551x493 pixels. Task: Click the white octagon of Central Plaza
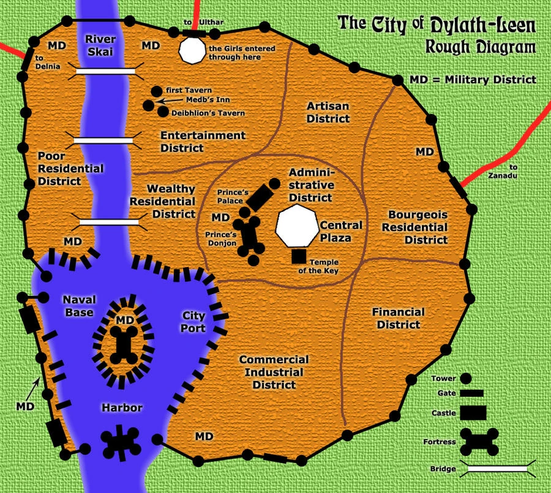coord(296,227)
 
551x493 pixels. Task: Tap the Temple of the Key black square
coord(299,256)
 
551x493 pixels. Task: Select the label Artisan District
coord(328,112)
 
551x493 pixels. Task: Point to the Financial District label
coord(398,318)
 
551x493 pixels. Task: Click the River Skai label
coord(100,46)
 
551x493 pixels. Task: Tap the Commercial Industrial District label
coord(274,372)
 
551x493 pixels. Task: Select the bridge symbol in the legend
coord(498,469)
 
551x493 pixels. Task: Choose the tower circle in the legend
coord(466,379)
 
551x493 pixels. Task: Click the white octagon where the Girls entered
coord(192,51)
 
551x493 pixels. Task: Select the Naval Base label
coord(78,305)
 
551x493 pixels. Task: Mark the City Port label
coord(193,321)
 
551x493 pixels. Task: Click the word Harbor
coord(122,408)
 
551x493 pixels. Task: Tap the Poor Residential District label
coord(70,168)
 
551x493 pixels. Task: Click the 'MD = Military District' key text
coord(473,80)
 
